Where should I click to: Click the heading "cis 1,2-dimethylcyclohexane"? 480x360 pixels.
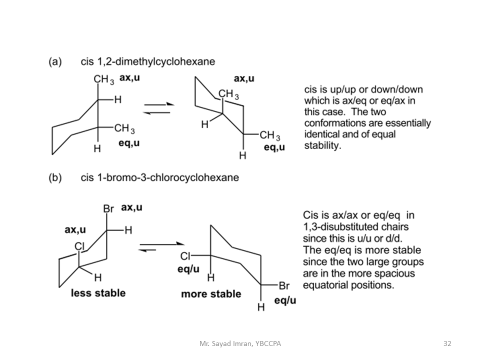point(147,61)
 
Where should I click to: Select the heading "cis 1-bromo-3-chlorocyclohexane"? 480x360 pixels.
point(159,177)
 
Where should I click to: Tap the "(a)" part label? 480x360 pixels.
point(55,61)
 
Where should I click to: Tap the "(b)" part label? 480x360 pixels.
point(55,177)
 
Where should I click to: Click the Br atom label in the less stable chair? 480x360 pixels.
point(108,208)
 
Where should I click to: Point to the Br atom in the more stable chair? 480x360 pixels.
point(284,286)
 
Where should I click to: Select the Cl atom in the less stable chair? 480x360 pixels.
point(79,246)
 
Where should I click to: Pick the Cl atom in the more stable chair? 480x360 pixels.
point(185,256)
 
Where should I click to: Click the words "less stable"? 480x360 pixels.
point(98,292)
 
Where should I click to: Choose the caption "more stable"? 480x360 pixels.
point(210,293)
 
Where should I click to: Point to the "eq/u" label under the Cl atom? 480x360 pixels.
point(188,269)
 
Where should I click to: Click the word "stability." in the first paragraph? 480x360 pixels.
point(322,146)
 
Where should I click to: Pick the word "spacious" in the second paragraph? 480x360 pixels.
point(396,273)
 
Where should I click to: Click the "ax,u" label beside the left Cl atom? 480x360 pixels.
point(75,230)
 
